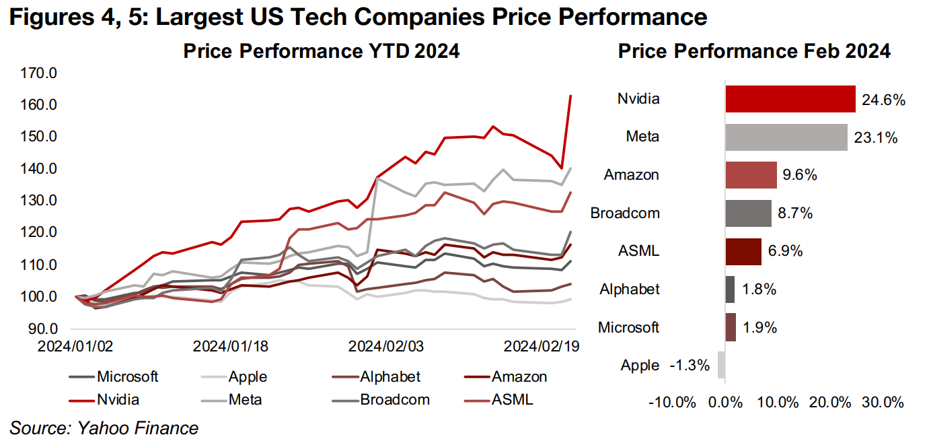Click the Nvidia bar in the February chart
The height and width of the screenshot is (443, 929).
point(790,99)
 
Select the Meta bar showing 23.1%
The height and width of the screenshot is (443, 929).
point(786,137)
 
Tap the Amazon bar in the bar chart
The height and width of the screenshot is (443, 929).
point(751,175)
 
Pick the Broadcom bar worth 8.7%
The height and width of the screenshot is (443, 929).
point(748,213)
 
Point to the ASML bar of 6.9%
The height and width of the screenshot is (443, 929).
point(743,251)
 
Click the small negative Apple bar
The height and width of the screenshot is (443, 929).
point(722,366)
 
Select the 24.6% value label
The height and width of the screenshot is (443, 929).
point(883,100)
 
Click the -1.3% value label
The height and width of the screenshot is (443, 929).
point(690,366)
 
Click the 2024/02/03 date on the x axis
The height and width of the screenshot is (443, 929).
point(386,346)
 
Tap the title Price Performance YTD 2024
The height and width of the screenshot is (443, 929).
point(322,51)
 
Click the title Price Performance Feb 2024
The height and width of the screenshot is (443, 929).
point(754,51)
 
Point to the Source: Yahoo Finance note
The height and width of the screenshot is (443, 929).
point(104,428)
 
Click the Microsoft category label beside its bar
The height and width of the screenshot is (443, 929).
point(628,328)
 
